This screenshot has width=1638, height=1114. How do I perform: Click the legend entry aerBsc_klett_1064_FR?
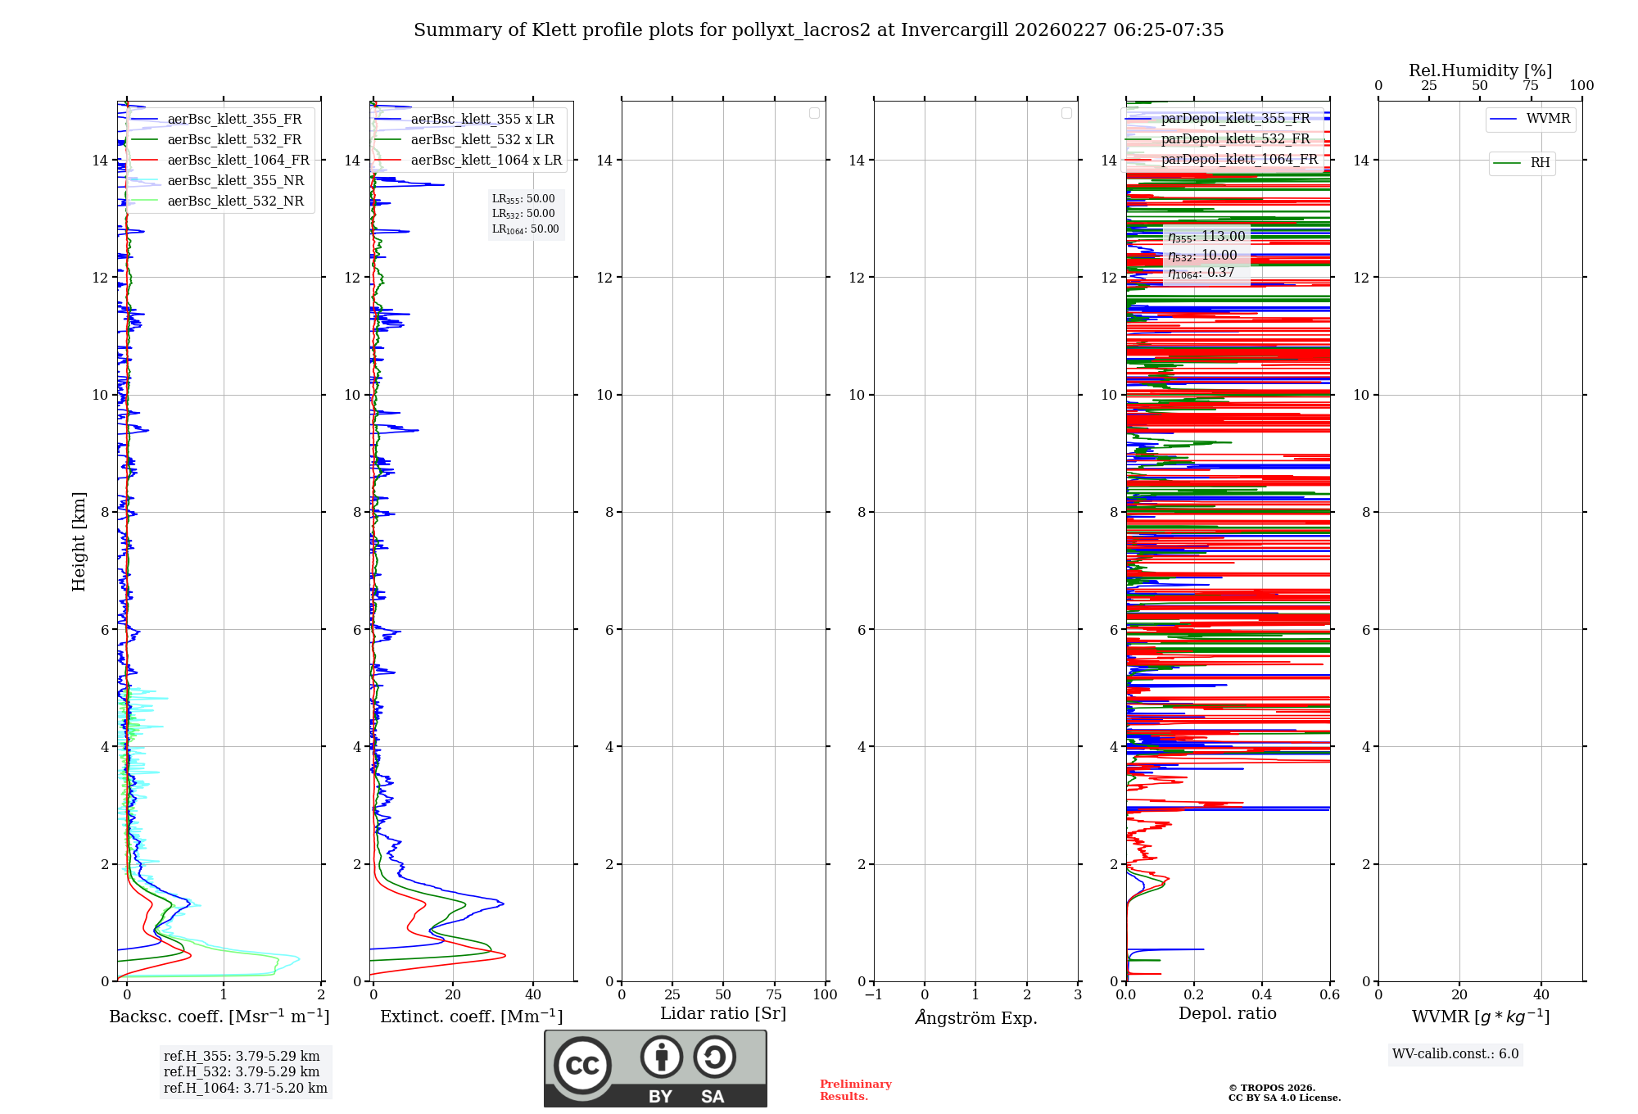238,161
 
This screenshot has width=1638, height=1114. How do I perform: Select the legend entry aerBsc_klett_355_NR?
236,181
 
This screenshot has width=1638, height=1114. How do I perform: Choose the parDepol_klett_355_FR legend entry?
1235,119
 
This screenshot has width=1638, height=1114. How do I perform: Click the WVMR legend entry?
1548,119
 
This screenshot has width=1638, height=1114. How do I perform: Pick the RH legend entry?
1540,163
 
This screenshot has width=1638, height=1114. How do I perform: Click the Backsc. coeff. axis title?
219,1017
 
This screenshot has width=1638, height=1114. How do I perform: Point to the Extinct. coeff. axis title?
472,1017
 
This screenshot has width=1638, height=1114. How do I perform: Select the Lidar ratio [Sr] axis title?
723,1014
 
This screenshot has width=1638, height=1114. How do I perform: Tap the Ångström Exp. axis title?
976,1017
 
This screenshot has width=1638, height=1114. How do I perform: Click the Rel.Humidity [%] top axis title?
1480,70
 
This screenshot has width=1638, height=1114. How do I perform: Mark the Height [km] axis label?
79,541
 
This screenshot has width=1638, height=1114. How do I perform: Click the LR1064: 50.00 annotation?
525,229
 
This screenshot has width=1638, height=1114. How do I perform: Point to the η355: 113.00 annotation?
1206,237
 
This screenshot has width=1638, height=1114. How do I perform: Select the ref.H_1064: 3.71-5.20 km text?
246,1089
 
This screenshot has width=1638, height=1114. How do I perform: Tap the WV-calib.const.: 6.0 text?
1455,1054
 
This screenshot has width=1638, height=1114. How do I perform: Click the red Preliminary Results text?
855,1090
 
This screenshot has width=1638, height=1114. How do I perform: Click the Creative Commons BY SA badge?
655,1068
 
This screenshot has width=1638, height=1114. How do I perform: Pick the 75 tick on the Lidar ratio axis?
774,995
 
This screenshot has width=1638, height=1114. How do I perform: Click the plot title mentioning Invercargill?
818,30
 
